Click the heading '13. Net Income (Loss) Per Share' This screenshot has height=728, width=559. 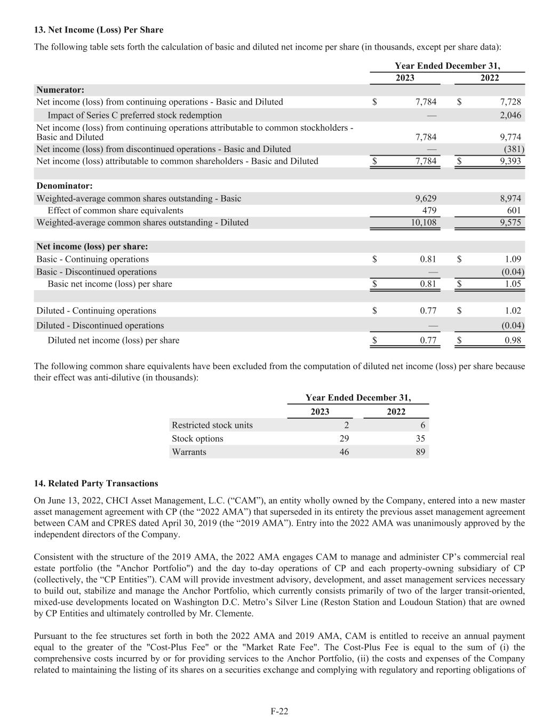[99, 30]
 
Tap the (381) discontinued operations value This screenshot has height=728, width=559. [514, 149]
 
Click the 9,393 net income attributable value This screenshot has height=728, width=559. [510, 161]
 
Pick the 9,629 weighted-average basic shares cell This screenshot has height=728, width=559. [426, 198]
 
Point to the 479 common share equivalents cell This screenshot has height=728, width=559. [429, 211]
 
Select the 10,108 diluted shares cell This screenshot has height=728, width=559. [424, 222]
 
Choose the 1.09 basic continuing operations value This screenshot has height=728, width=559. [513, 259]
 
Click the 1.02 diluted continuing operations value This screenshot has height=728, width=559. [513, 311]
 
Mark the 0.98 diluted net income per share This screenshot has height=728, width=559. [513, 340]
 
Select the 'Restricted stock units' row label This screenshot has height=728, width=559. [212, 425]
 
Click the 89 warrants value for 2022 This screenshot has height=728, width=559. [420, 452]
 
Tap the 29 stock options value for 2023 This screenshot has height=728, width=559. [344, 438]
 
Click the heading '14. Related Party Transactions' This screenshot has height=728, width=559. [96, 484]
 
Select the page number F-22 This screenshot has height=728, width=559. [279, 711]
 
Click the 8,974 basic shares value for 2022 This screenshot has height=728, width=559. [510, 198]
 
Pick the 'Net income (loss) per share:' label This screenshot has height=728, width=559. [92, 247]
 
